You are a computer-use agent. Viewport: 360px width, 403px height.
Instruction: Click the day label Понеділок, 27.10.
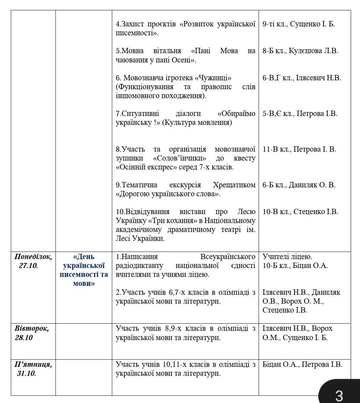(33, 261)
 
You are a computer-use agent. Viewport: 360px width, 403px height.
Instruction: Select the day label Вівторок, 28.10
(31, 333)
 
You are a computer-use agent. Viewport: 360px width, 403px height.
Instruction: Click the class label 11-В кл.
(276, 149)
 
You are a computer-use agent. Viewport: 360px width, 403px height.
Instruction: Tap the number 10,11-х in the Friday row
(177, 364)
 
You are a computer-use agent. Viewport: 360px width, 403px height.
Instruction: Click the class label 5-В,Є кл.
(277, 114)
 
